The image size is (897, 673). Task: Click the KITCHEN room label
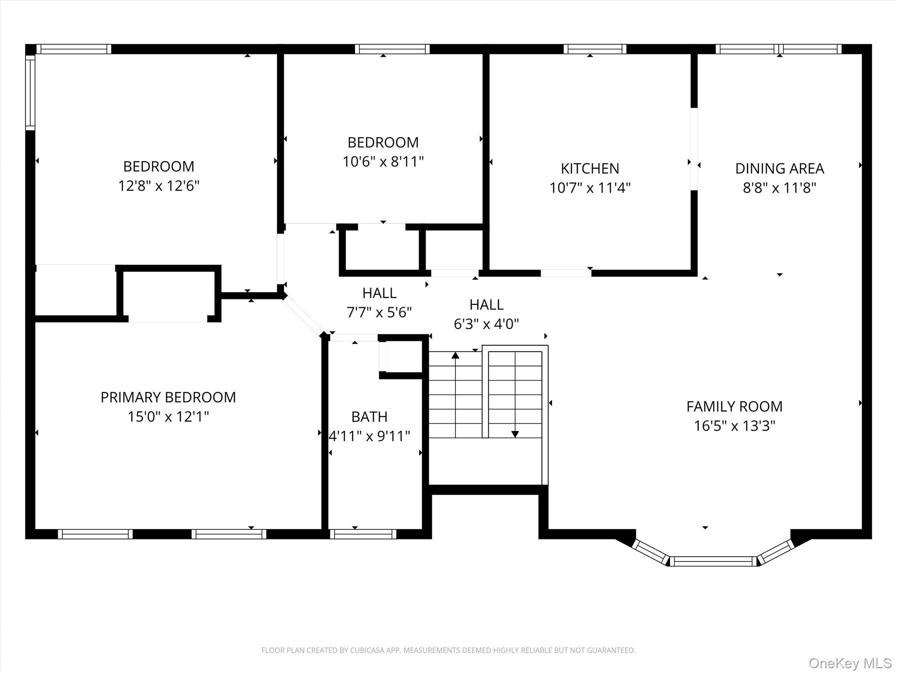point(590,169)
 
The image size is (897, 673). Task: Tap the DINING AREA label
point(780,169)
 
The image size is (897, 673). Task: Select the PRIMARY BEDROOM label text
point(168,397)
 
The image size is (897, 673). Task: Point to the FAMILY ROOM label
point(735,407)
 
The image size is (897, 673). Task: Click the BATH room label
point(369,417)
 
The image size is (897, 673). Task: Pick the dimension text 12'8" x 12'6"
point(159,186)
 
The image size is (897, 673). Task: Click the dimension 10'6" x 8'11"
point(383,162)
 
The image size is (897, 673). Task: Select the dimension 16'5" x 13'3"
point(735,426)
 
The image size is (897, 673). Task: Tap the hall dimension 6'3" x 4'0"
point(486,324)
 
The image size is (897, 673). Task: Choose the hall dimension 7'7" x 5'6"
point(379,312)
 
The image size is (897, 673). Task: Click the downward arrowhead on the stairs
point(515,434)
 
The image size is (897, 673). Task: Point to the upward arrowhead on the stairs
point(456,355)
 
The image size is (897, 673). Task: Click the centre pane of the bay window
point(713,561)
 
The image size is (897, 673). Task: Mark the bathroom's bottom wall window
point(363,534)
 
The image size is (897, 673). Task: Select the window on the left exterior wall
point(30,92)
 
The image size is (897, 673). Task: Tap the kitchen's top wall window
point(595,49)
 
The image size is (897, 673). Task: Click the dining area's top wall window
point(779,49)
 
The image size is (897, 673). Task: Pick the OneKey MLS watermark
point(850,663)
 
